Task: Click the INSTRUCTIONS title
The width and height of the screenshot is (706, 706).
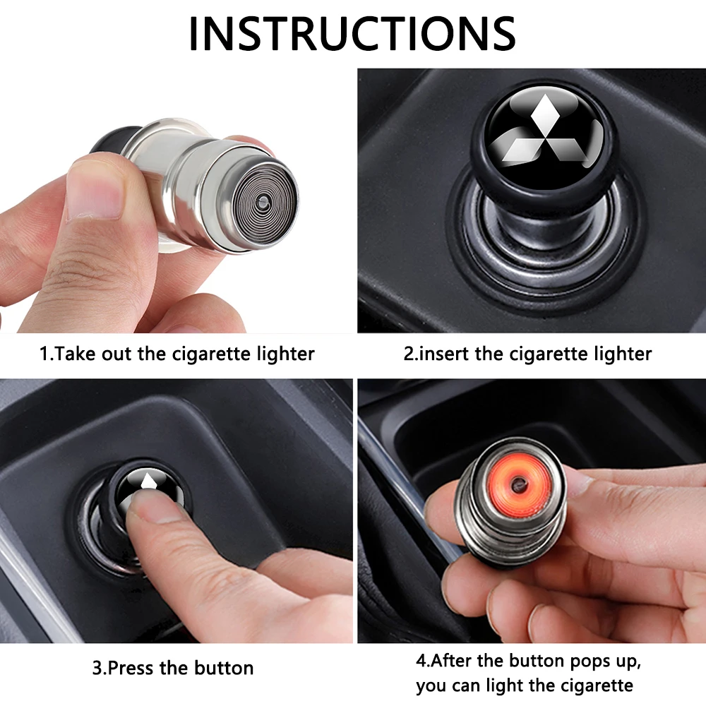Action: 352,33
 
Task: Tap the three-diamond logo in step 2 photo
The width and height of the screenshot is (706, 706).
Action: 542,131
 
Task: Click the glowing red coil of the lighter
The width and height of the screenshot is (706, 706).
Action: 518,486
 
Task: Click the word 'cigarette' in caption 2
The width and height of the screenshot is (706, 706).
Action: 548,354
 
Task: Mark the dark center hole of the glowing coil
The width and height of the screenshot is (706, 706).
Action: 518,484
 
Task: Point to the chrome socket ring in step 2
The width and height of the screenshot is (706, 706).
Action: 542,252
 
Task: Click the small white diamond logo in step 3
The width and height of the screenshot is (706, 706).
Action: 148,481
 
